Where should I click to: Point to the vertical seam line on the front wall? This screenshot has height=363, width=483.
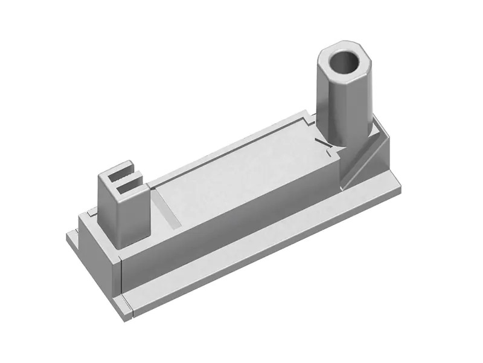(x=123, y=275)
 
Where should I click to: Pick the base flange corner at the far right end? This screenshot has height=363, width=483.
(x=395, y=181)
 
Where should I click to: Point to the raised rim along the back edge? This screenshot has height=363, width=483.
(x=241, y=136)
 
